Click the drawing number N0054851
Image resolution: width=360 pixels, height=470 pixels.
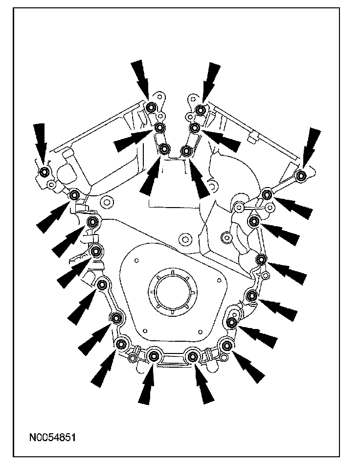pos(52,437)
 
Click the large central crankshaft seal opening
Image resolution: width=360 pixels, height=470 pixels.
pos(173,290)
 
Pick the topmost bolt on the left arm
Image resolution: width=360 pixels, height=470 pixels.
pos(152,106)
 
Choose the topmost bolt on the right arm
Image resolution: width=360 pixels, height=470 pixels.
pos(200,110)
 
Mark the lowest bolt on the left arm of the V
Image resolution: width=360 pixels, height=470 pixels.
pos(164,148)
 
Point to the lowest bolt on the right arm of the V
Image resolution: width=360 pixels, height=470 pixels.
pos(186,150)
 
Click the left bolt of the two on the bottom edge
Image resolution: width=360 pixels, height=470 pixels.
pos(154,356)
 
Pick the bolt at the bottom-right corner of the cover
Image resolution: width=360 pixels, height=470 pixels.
pos(227,346)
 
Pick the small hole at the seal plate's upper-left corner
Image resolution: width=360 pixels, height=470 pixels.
pos(136,260)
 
